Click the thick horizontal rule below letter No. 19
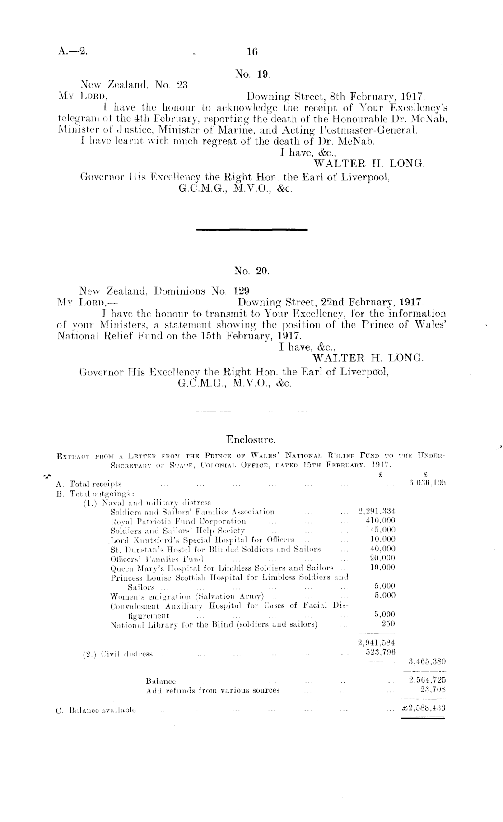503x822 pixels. [x=252, y=230]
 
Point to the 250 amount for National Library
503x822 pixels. [x=388, y=624]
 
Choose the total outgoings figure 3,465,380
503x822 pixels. [x=427, y=662]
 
